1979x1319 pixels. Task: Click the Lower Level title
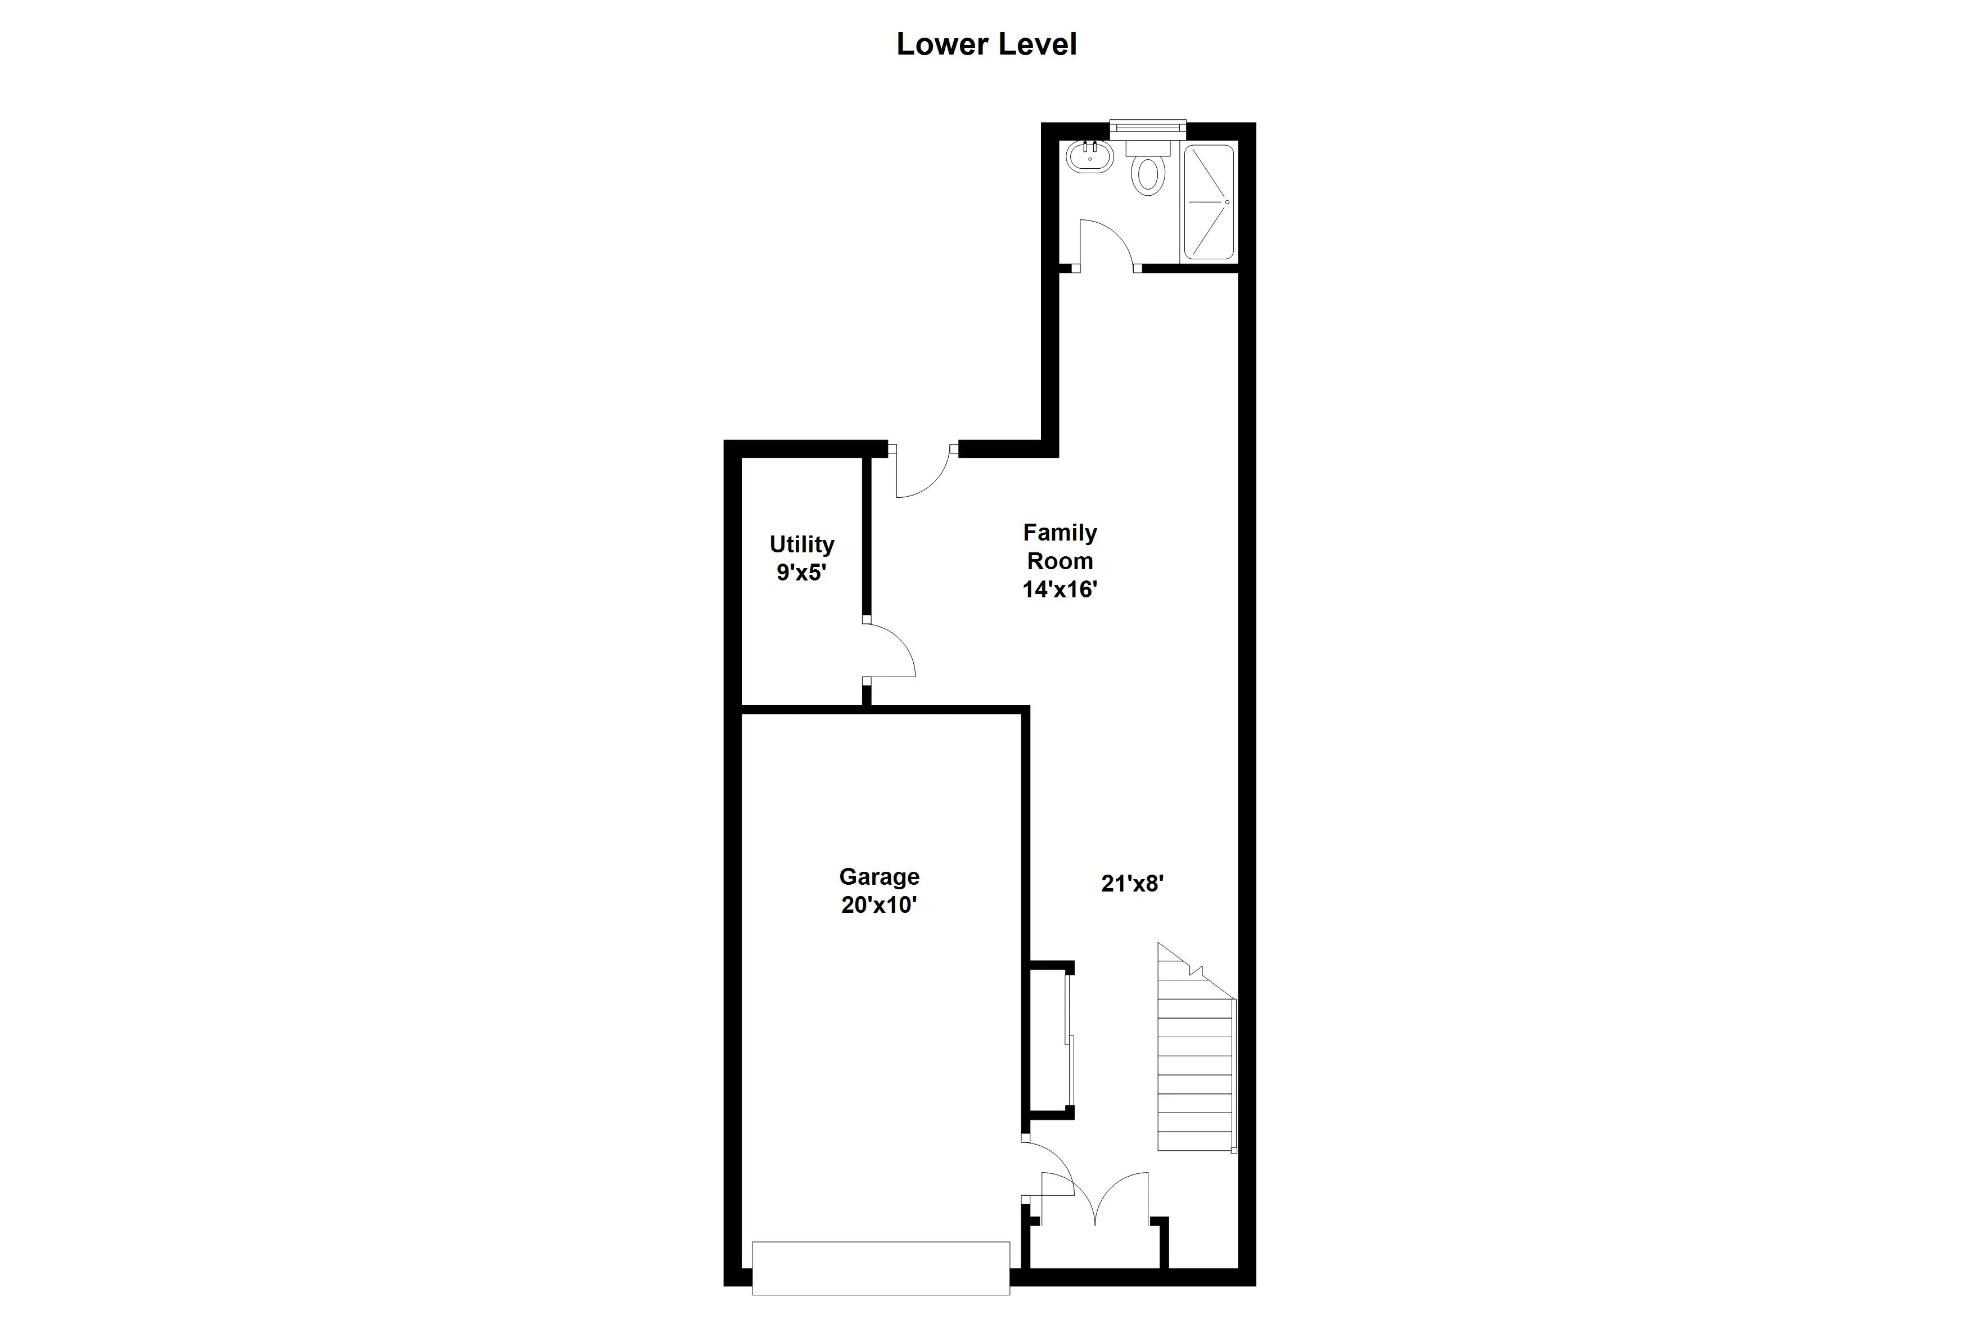click(x=986, y=44)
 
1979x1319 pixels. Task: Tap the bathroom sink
click(x=1089, y=156)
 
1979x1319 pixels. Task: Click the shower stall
click(x=1209, y=202)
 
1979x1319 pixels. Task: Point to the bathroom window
click(x=1147, y=128)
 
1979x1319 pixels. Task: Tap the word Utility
click(x=801, y=544)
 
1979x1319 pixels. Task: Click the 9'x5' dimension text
click(x=801, y=573)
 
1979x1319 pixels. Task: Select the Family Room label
click(x=1060, y=547)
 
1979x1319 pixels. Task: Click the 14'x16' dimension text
click(x=1060, y=589)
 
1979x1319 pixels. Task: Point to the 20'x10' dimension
click(x=879, y=905)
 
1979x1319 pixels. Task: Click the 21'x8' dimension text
click(x=1132, y=883)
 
